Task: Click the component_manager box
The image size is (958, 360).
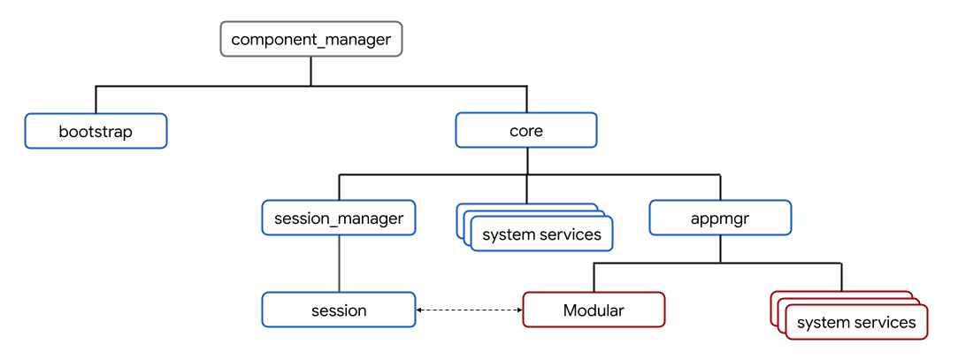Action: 310,40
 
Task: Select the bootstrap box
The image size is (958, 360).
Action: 96,131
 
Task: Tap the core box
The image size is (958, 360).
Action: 526,131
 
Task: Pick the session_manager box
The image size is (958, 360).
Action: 339,218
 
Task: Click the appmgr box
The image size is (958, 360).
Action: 720,218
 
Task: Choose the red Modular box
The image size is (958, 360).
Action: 594,310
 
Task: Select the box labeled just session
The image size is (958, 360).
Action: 339,310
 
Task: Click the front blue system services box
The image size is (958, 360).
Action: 541,234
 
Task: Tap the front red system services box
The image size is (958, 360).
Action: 856,323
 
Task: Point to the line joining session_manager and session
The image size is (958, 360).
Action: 339,264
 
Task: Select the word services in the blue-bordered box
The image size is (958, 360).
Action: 571,234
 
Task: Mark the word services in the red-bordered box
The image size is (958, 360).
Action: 885,323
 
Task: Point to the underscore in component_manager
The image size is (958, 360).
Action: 318,43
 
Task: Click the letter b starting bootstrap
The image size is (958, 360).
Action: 64,131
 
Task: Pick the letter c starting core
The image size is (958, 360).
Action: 514,132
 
